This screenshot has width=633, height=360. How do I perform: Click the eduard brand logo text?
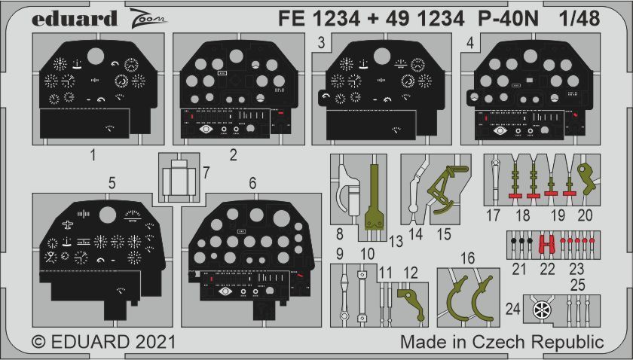[75, 18]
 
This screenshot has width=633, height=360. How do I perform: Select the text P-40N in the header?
[510, 18]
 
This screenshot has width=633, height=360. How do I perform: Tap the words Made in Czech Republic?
[502, 342]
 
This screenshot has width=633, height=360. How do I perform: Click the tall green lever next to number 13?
[374, 196]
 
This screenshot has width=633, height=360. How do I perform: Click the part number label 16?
[468, 259]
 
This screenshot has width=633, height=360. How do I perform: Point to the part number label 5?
[112, 182]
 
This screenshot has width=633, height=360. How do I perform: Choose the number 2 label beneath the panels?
[234, 156]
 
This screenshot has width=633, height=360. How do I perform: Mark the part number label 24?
[513, 308]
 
